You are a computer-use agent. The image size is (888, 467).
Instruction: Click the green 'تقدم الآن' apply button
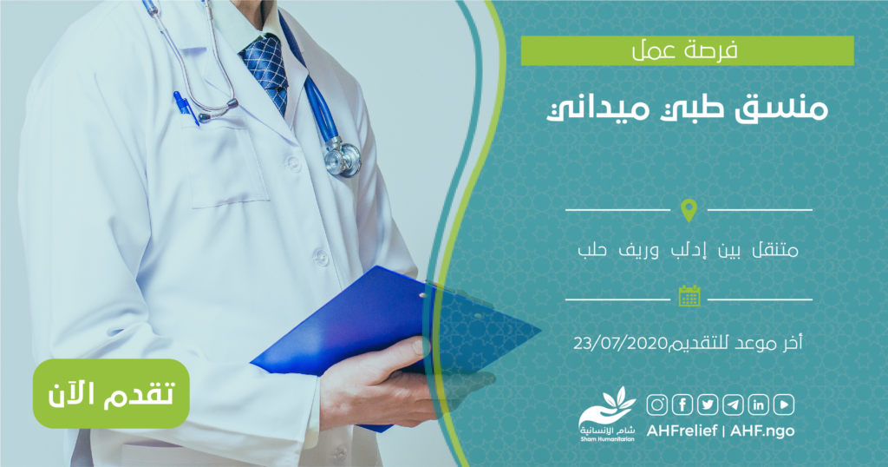point(111,393)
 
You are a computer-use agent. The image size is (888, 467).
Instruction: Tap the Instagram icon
point(657,405)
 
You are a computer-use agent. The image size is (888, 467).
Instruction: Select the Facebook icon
point(682,405)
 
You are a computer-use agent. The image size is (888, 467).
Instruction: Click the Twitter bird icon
point(708,405)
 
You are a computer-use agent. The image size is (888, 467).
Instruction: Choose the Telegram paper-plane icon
point(734,405)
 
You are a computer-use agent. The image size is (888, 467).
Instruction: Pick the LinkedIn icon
point(758,405)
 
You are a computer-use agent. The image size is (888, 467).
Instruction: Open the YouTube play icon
point(784,405)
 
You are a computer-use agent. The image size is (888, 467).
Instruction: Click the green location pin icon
point(689,210)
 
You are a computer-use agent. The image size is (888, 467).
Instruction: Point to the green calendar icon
point(689,296)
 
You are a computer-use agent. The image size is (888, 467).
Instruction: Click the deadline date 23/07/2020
point(620,344)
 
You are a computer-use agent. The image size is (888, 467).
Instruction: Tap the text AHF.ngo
point(762,431)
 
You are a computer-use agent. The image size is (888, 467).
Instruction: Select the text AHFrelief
point(682,431)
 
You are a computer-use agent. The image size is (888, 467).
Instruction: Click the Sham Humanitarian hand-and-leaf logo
point(607,414)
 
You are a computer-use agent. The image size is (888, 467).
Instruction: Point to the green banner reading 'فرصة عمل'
point(687,50)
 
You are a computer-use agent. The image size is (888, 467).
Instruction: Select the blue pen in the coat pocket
point(186,109)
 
